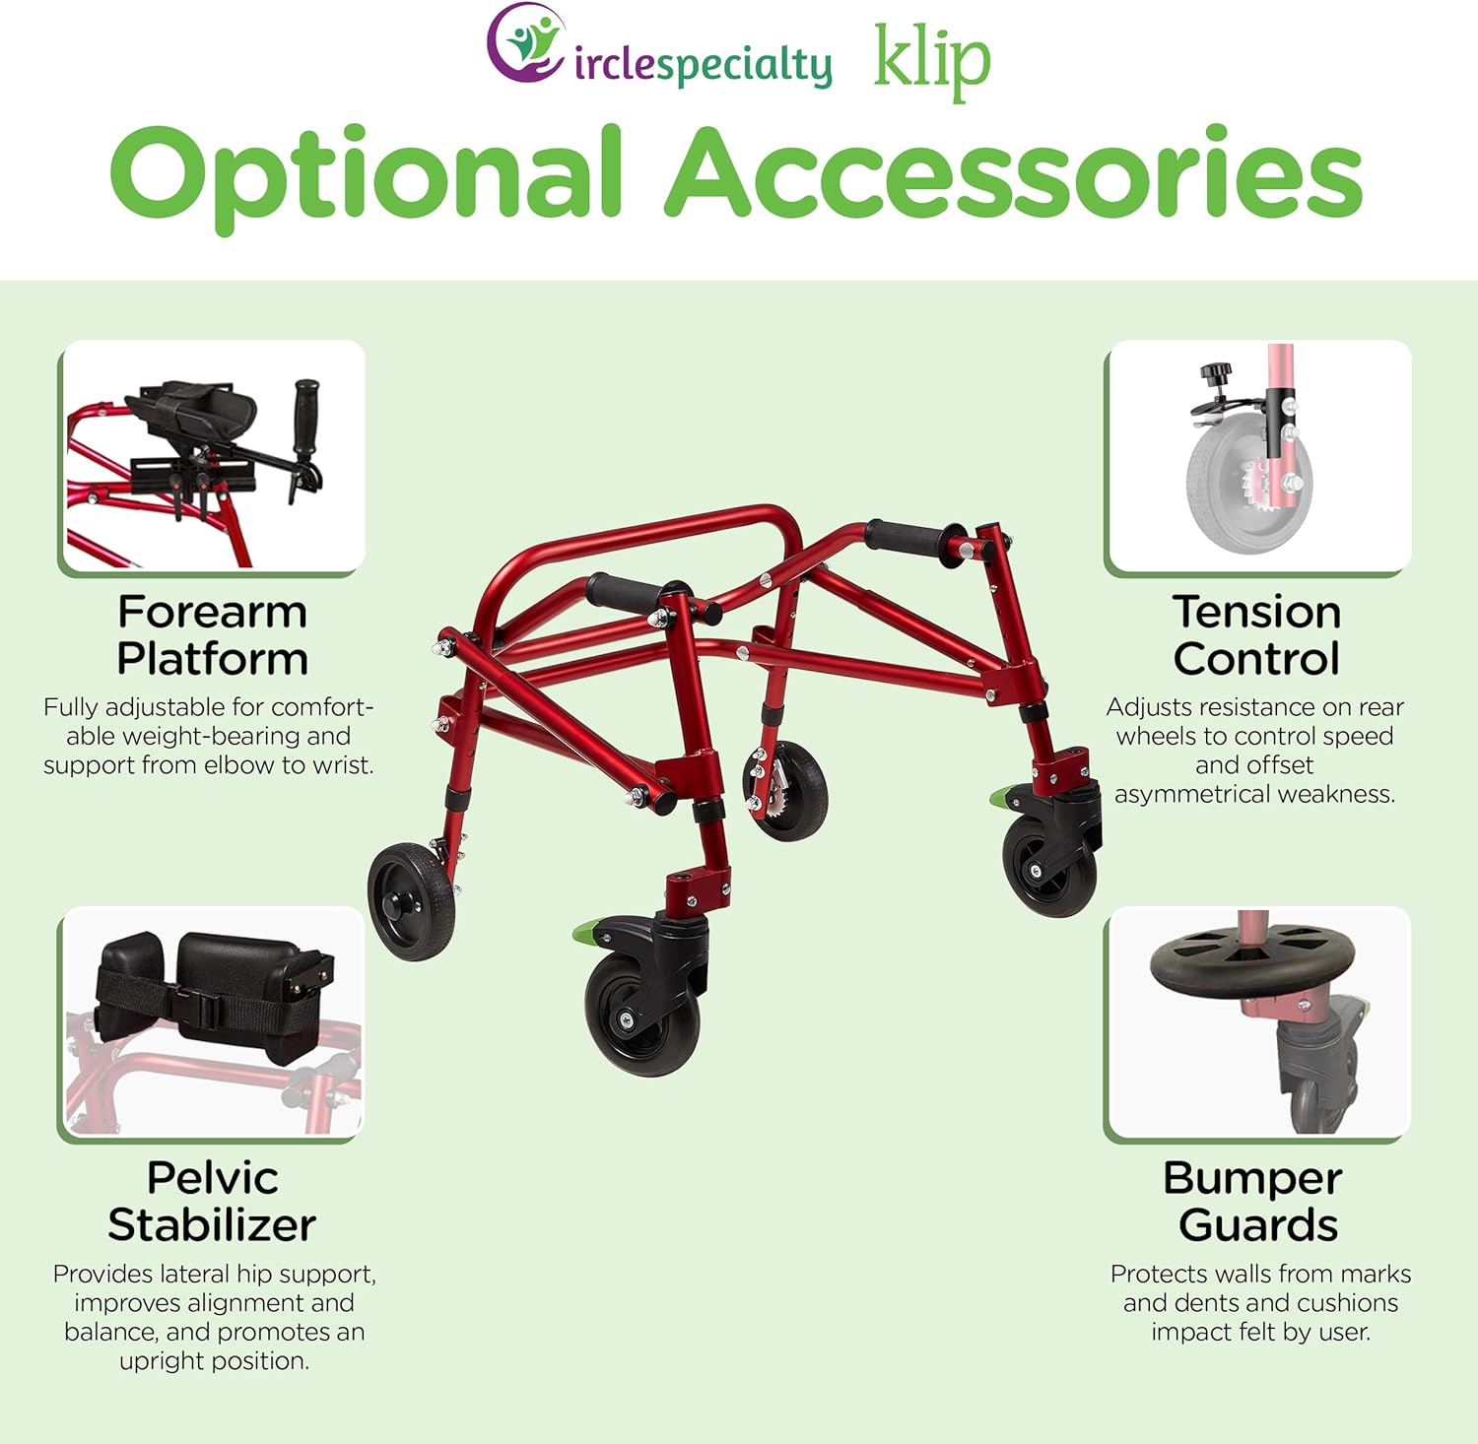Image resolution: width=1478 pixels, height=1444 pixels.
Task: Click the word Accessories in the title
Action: pyautogui.click(x=1015, y=172)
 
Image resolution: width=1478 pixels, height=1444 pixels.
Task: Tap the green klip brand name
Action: pyautogui.click(x=931, y=61)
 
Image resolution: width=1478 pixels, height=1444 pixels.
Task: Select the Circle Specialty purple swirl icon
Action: pyautogui.click(x=527, y=44)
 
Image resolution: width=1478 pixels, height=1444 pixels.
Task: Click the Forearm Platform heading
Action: pyautogui.click(x=212, y=635)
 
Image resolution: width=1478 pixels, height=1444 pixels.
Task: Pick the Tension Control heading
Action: pyautogui.click(x=1256, y=635)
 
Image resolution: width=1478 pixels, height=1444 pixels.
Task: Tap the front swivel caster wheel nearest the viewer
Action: pyautogui.click(x=640, y=1015)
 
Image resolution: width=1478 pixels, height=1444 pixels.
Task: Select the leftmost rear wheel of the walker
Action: pyautogui.click(x=412, y=900)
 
